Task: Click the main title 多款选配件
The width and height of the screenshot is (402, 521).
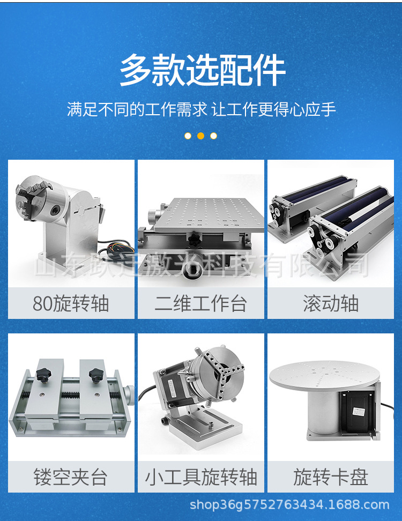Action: click(x=202, y=70)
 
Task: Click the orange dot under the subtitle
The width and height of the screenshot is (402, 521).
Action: click(x=200, y=136)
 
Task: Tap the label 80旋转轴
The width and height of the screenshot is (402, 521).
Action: click(x=71, y=304)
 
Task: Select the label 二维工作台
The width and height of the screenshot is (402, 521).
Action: click(x=200, y=304)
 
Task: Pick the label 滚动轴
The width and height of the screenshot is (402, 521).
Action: click(x=330, y=304)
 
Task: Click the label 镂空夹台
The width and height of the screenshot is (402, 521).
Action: click(x=71, y=477)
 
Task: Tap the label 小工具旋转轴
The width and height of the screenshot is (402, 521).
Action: click(x=200, y=477)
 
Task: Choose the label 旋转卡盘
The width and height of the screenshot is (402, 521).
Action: click(x=330, y=477)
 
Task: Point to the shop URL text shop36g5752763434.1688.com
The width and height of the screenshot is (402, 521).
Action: click(x=289, y=504)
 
